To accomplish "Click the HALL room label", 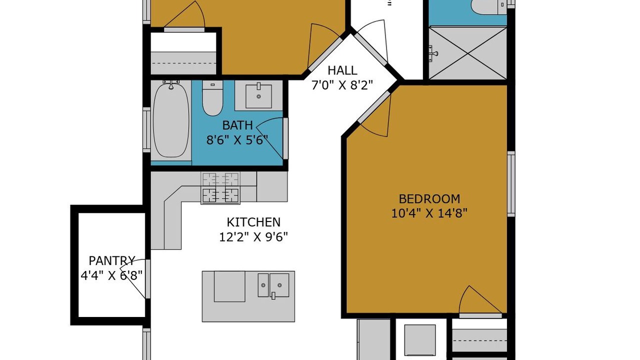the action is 342,70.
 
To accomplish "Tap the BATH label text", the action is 237,125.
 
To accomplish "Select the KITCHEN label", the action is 253,222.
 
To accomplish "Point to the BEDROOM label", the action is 429,199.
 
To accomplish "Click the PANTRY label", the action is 111,260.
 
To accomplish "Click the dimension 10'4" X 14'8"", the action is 429,213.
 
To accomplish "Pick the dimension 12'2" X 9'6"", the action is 253,237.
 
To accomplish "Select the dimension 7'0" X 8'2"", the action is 342,85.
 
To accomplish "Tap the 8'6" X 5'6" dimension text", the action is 237,140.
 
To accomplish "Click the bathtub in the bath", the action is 171,120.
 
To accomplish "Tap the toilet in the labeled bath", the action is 212,98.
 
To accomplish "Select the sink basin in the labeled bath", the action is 258,96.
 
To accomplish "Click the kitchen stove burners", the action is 220,188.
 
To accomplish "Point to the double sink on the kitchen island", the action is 273,285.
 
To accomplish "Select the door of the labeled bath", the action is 271,138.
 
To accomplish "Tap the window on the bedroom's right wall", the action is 511,184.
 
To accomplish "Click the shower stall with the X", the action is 467,53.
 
